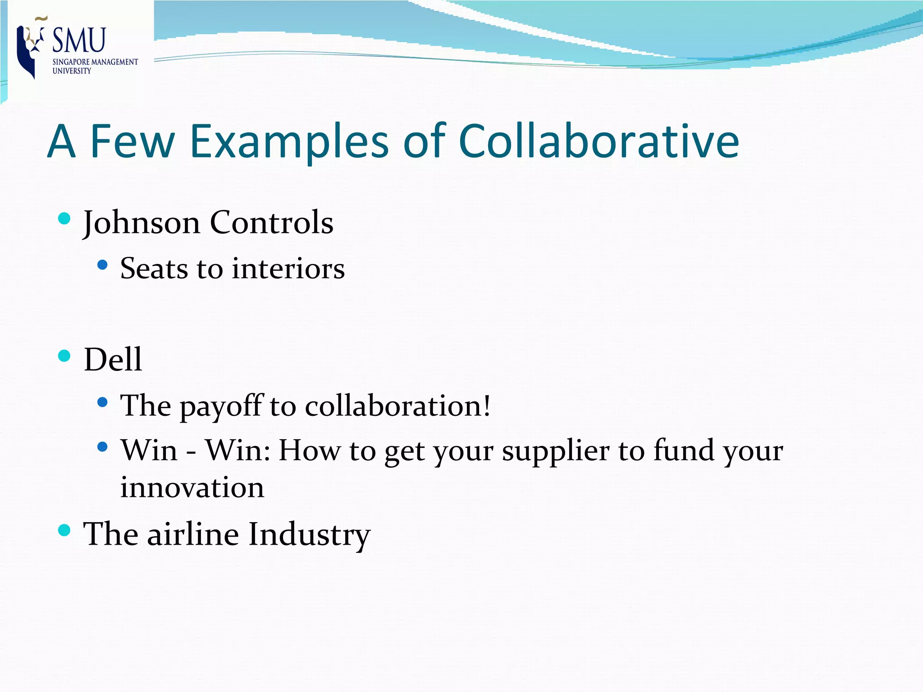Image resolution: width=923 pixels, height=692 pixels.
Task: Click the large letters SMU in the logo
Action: (79, 40)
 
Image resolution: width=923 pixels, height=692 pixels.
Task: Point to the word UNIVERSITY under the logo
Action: (72, 71)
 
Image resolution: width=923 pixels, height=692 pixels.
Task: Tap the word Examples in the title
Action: (289, 142)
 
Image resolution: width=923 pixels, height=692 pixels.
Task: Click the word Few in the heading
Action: (132, 141)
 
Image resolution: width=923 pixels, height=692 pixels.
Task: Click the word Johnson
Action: (142, 223)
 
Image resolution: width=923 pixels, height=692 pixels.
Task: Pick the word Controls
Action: (272, 223)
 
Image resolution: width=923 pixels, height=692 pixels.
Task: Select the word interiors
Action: (288, 269)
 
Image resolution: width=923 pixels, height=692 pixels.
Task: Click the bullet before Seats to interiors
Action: (102, 265)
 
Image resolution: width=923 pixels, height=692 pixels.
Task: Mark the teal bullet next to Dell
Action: (64, 356)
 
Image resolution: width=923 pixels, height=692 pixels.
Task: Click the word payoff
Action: (221, 406)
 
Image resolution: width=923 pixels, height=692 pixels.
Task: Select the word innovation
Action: (192, 487)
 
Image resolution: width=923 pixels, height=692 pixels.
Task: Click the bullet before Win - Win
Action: (102, 447)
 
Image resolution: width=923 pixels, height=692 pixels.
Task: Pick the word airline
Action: (193, 534)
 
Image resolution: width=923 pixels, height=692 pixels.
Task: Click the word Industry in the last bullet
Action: (309, 535)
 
